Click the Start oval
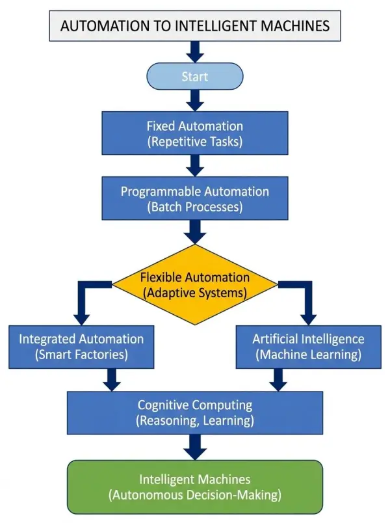pos(195,76)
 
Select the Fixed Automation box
pos(195,133)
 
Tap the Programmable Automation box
pos(195,198)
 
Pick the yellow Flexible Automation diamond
pos(195,284)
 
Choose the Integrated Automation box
pos(81,347)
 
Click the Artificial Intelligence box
pos(309,347)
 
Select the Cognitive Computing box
pos(195,412)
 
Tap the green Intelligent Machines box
pos(195,487)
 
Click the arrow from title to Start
pos(195,52)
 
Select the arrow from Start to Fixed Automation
pos(195,100)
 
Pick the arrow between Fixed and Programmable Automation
pos(195,166)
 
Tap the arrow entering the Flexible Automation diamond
pos(195,232)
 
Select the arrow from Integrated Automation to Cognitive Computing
pos(112,380)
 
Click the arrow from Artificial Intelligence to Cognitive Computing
pos(278,380)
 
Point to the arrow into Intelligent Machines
pos(195,448)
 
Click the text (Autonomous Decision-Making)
pos(195,495)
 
